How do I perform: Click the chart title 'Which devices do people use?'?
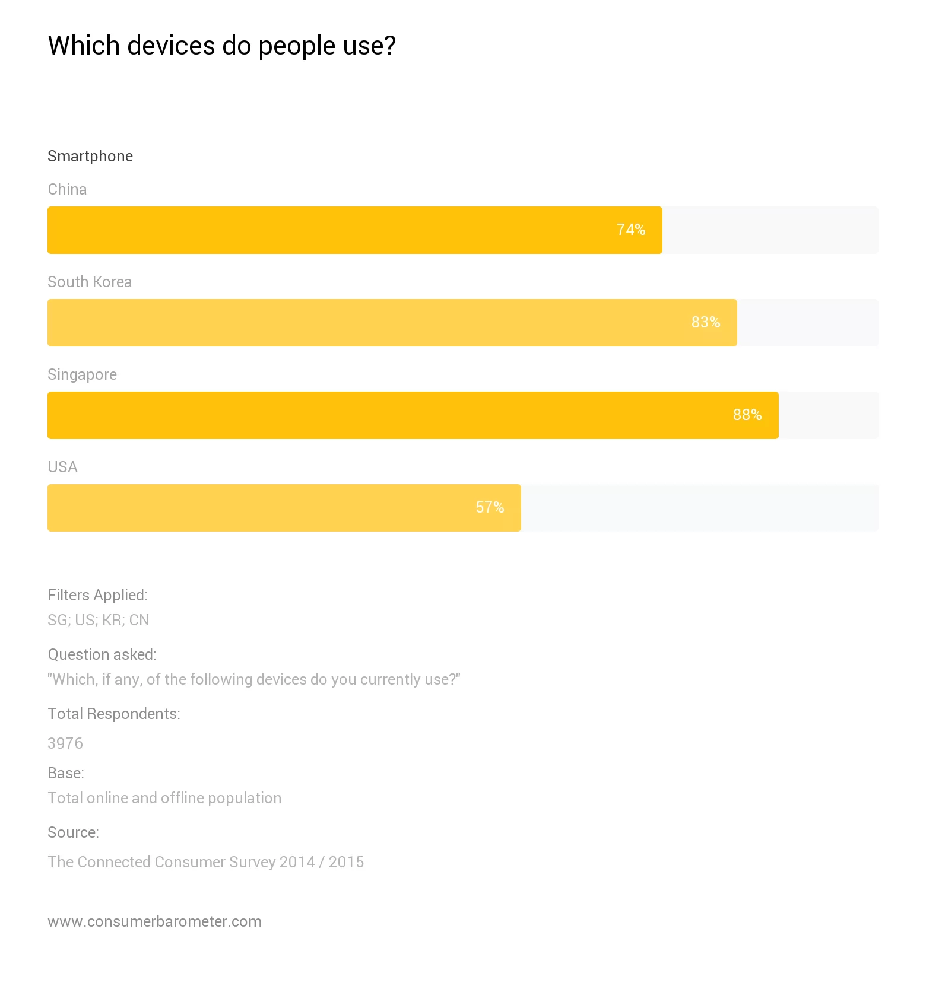pos(221,46)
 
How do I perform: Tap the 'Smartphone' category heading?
pos(90,156)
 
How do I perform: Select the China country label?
pos(67,189)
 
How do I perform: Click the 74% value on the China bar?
pos(630,230)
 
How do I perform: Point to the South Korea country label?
pos(90,282)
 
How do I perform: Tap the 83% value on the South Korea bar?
pos(705,322)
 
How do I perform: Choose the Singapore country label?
pos(82,374)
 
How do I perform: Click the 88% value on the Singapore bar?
pos(747,415)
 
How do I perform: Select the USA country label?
pos(62,467)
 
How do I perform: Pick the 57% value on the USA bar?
pos(490,507)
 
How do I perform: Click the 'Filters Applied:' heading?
pos(97,595)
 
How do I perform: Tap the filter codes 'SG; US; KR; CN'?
pos(99,620)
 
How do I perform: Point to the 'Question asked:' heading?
pos(102,654)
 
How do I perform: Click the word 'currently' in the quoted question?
pos(387,679)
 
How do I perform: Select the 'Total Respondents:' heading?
pos(114,714)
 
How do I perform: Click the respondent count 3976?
pos(65,743)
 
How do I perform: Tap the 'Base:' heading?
pos(66,773)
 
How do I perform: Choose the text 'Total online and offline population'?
pos(164,798)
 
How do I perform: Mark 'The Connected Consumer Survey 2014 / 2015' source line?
pos(205,862)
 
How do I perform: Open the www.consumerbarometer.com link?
pos(154,921)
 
